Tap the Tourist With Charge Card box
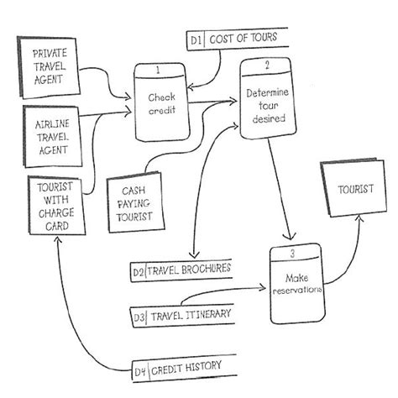(53, 206)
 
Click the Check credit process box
(160, 104)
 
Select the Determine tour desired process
(267, 105)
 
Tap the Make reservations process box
(296, 284)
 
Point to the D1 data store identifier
(195, 39)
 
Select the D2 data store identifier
(138, 271)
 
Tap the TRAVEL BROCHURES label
(187, 270)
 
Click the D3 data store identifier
(139, 317)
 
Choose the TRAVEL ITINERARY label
(191, 315)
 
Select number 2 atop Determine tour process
(266, 65)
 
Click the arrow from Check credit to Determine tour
(214, 103)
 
